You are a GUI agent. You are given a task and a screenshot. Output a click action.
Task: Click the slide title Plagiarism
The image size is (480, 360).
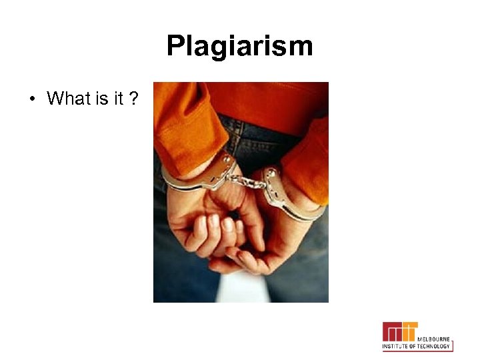239,47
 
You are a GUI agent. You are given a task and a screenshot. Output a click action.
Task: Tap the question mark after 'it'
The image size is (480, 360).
135,99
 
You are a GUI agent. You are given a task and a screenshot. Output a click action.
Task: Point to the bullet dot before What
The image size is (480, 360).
31,100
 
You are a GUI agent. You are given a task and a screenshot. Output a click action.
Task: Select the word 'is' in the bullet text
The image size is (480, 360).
101,99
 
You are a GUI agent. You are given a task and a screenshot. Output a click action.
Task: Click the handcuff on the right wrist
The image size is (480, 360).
287,193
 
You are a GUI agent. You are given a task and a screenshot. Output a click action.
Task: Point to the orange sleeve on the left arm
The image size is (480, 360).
180,127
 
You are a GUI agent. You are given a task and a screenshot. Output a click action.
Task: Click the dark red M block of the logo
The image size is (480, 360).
393,331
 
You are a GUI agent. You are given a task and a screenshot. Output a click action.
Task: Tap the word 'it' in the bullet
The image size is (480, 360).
118,99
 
